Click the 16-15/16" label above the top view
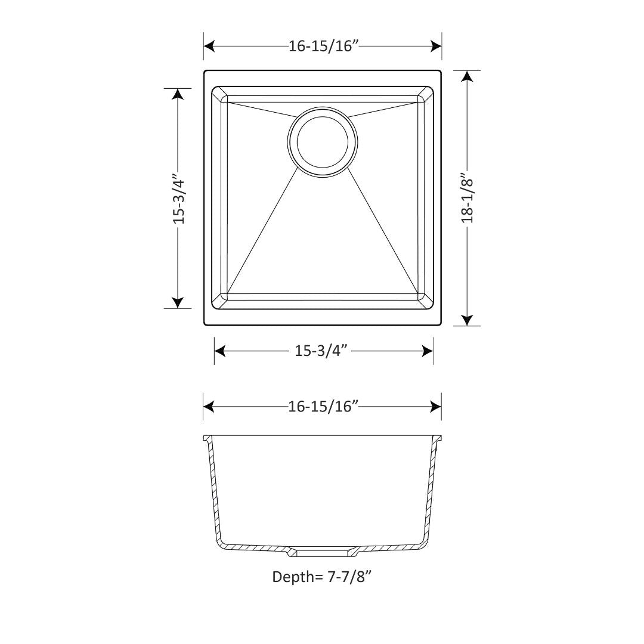(323, 47)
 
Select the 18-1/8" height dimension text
(467, 198)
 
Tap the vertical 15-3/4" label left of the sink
(178, 199)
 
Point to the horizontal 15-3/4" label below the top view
(321, 351)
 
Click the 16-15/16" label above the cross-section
(323, 407)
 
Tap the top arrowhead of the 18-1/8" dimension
(467, 76)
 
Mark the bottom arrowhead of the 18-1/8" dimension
(467, 320)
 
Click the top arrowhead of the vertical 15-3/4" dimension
(178, 94)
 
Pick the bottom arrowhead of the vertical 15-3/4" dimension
(178, 302)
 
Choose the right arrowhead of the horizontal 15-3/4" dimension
(427, 351)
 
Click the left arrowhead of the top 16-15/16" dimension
(209, 47)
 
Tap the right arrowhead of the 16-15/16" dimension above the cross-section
(435, 407)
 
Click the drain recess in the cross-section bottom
(322, 552)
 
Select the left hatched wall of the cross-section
(212, 489)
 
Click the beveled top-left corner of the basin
(219, 94)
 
